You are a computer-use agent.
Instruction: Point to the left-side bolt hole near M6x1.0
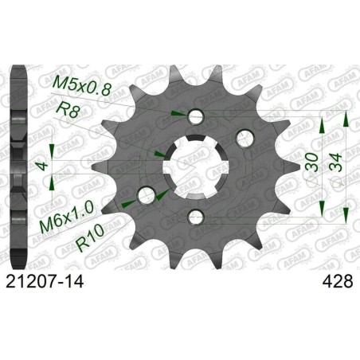pos(147,194)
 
